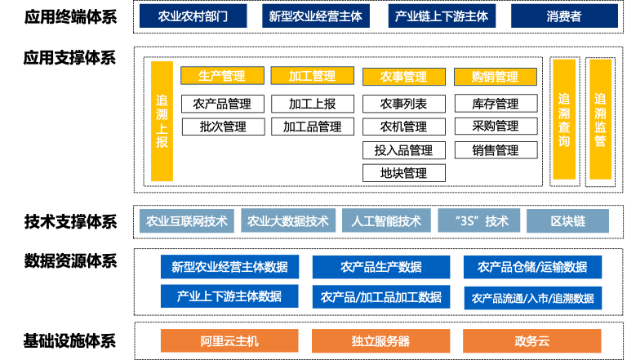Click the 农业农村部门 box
tap(193, 16)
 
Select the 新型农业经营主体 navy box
tap(316, 16)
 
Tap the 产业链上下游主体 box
tap(441, 16)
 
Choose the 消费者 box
tap(564, 16)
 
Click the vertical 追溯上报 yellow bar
tap(162, 121)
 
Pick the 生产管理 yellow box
tap(222, 76)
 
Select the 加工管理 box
tap(313, 76)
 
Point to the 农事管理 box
tap(404, 77)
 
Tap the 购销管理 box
tap(495, 77)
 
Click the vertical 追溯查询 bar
tap(564, 119)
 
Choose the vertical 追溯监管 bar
tap(600, 119)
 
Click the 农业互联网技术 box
tap(186, 221)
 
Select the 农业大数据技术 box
tap(288, 221)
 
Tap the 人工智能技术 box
tap(386, 221)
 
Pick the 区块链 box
tap(567, 221)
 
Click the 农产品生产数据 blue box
tap(381, 267)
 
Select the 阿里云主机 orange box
tap(229, 341)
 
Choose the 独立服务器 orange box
tap(381, 341)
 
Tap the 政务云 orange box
tap(532, 341)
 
